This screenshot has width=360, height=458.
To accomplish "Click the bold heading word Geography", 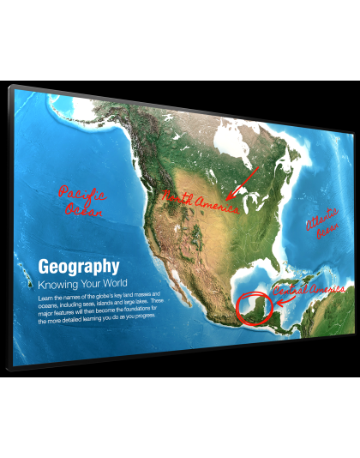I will [79, 266].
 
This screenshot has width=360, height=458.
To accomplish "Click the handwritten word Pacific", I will [81, 193].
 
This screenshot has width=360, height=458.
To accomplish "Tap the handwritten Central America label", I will [309, 291].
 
